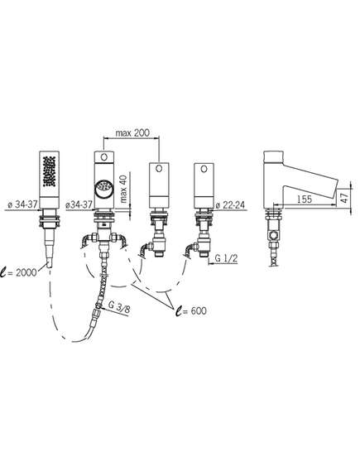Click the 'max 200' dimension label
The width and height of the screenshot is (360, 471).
132,132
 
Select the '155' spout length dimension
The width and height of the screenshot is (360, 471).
305,199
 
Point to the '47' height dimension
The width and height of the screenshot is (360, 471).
344,197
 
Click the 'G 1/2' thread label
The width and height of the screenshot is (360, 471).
227,258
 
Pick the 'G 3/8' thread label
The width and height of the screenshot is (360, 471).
119,307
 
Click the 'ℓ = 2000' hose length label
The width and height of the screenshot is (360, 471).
18,273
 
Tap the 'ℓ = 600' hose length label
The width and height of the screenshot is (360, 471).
191,310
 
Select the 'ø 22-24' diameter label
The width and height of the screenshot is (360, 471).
230,204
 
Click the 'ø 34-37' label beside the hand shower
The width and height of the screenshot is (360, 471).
22,204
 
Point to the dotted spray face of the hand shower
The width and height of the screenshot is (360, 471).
50,171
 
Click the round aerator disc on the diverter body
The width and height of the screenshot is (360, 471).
103,190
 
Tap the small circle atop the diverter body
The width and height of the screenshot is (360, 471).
104,156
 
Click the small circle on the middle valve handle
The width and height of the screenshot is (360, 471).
159,169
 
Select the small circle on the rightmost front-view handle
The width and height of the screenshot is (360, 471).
204,169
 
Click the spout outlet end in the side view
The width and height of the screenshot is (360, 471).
336,189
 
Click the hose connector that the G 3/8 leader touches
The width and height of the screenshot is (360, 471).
98,306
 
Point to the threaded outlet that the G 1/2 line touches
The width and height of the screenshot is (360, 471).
204,254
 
